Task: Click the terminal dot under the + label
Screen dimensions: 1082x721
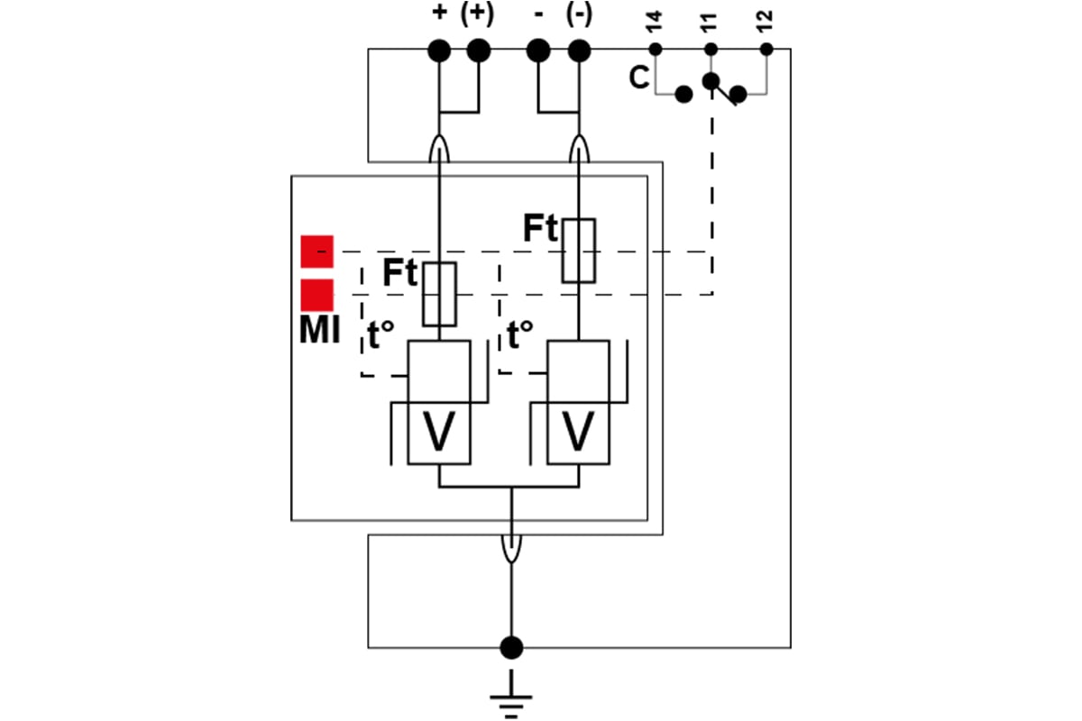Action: [439, 50]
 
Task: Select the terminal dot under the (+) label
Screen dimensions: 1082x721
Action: [479, 50]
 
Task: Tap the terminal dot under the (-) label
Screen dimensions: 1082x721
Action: [579, 50]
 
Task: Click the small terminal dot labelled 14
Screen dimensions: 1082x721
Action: [655, 50]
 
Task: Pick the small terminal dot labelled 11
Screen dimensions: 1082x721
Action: [711, 50]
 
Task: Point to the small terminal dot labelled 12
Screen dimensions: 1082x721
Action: [766, 50]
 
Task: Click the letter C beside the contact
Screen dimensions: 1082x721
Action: [638, 78]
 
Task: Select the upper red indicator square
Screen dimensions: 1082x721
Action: [316, 251]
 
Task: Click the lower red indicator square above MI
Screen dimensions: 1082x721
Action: [316, 295]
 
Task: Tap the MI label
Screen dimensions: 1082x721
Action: [319, 330]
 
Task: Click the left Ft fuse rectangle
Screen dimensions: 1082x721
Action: [440, 295]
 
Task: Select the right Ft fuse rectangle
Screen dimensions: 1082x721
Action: [579, 251]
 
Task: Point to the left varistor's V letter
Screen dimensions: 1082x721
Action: [439, 431]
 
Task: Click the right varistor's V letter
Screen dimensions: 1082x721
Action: [578, 431]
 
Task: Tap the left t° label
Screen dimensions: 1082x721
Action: [381, 334]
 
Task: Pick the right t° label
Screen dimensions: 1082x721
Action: [519, 334]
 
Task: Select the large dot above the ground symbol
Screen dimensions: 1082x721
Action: [511, 648]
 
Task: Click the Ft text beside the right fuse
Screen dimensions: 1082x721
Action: [540, 228]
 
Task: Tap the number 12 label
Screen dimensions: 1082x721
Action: [765, 22]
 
